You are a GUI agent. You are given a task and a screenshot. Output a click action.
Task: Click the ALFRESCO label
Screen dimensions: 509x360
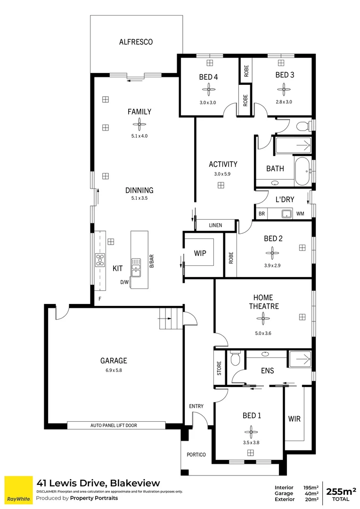click(x=136, y=42)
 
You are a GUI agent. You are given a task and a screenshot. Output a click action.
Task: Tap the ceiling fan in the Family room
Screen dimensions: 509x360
click(x=139, y=124)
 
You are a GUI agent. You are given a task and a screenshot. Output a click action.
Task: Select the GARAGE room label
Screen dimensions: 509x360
click(x=114, y=361)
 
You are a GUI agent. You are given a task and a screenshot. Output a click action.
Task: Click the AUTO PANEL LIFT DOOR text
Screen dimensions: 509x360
click(x=114, y=425)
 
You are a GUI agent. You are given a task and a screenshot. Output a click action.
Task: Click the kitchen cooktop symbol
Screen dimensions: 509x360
click(x=100, y=260)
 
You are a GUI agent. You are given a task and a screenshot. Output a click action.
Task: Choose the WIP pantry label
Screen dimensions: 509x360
click(x=200, y=253)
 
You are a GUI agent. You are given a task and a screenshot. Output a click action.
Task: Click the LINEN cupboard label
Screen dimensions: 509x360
click(x=215, y=226)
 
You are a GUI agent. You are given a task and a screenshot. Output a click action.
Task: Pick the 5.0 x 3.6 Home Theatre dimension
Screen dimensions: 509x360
click(x=263, y=334)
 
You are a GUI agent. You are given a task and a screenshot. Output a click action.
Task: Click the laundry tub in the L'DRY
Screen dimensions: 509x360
click(x=287, y=213)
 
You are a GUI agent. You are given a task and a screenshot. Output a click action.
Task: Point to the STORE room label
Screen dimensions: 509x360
click(x=219, y=368)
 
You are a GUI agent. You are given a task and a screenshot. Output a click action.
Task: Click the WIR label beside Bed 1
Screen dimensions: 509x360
click(x=295, y=419)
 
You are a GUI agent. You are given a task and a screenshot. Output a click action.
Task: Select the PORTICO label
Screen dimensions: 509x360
click(x=196, y=455)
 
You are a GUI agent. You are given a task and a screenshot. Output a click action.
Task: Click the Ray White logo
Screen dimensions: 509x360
click(x=18, y=490)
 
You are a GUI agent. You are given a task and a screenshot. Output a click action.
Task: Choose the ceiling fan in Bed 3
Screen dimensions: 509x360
click(x=284, y=88)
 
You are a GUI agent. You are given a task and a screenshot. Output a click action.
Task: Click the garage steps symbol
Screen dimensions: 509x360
click(x=168, y=319)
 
